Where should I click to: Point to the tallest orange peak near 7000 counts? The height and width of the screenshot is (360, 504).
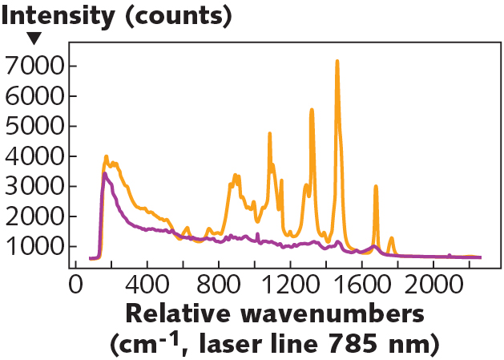pos(337,61)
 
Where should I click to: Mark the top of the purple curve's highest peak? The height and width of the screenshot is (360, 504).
pos(104,173)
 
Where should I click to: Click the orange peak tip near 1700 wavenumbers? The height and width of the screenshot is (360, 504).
pos(376,186)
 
